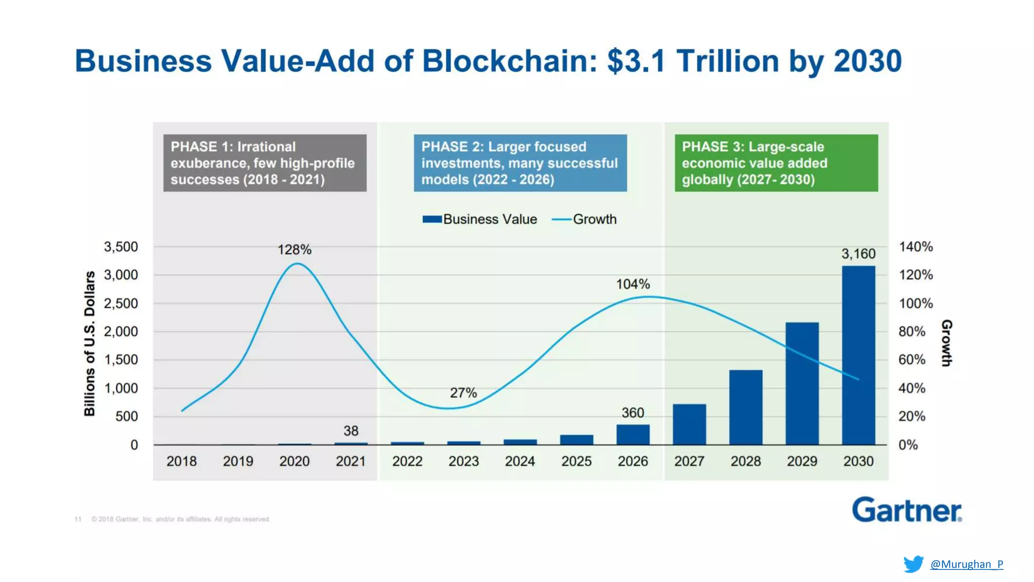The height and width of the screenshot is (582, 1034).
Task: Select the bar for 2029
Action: (802, 383)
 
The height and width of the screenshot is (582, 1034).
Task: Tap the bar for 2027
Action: (689, 424)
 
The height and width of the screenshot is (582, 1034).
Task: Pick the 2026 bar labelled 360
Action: (633, 434)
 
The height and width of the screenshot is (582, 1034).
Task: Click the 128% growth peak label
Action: (294, 250)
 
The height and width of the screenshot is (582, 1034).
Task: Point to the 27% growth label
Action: (463, 393)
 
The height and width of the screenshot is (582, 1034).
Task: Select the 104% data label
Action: (633, 284)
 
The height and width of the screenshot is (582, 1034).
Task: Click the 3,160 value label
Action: (858, 254)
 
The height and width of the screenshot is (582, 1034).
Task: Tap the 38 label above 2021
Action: (351, 430)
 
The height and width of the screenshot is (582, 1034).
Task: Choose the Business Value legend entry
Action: (480, 219)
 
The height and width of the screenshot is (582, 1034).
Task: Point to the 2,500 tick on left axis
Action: (121, 303)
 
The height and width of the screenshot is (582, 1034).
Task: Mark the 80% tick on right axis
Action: (912, 331)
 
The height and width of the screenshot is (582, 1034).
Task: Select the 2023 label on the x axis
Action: (463, 461)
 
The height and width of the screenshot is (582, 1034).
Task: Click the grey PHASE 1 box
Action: (265, 163)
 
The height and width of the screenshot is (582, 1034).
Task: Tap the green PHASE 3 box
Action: (776, 163)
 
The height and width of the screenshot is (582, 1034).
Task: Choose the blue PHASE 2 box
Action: (520, 163)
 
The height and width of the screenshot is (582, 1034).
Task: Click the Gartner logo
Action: (907, 510)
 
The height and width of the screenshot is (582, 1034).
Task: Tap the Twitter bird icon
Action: (913, 564)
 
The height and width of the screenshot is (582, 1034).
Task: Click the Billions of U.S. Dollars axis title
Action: (89, 344)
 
